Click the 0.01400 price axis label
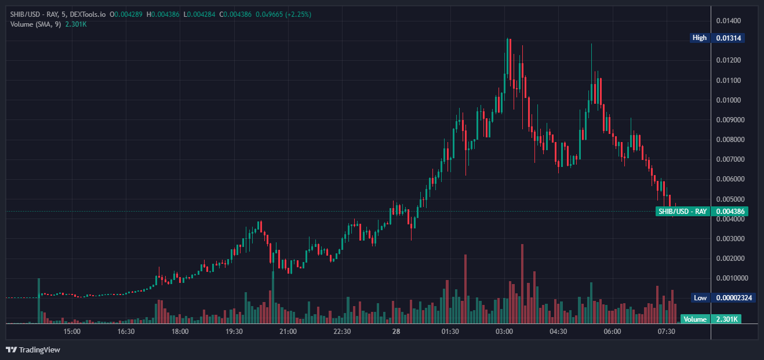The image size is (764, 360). coord(729,21)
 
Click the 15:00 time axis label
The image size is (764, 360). coord(72,332)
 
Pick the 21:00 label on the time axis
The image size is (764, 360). coord(288,332)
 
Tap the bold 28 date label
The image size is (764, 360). coord(396,332)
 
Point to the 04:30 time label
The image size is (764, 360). coord(558,332)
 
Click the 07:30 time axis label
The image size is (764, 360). coord(667,332)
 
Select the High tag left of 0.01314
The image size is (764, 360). coord(700,38)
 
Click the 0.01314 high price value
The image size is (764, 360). coord(729,38)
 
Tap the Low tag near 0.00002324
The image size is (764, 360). coord(700,298)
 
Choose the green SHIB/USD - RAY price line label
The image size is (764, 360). coord(683,212)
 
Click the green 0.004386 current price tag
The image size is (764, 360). coord(730,212)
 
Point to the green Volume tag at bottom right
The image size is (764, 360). coord(695,319)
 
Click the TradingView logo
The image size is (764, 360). coord(33,350)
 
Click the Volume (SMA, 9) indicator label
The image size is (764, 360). coord(35,24)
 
